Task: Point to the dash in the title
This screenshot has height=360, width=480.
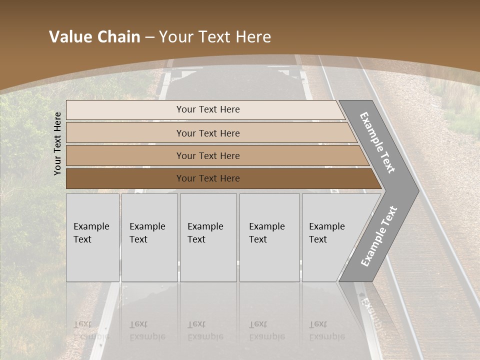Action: point(149,37)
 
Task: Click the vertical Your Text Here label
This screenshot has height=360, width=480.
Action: point(57,143)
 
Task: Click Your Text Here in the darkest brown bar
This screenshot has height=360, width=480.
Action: point(208,178)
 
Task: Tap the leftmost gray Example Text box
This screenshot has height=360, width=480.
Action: point(92,237)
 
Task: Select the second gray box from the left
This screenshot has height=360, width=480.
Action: point(149,237)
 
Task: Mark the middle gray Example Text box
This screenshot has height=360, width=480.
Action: point(208,237)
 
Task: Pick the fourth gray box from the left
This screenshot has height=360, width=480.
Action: point(269,237)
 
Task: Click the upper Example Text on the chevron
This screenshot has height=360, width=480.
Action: point(377,143)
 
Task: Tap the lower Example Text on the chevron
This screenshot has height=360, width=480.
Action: point(379,236)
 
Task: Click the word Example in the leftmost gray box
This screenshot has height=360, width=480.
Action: point(91,226)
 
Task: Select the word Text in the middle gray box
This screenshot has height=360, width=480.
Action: point(196,239)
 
